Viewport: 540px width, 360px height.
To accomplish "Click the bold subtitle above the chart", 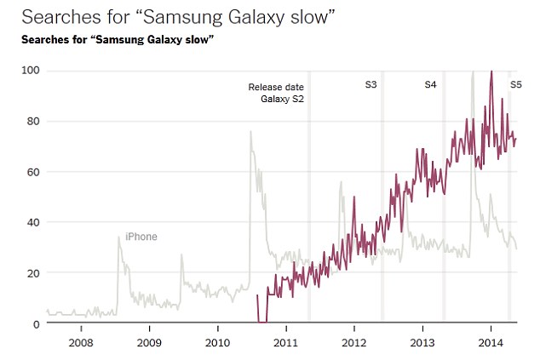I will (x=116, y=41).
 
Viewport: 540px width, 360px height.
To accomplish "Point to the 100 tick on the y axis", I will (x=30, y=71).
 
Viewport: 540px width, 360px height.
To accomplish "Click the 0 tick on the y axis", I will (x=35, y=324).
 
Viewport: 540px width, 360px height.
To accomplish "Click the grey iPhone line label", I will (x=141, y=237).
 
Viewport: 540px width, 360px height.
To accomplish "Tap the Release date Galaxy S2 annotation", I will (x=276, y=94).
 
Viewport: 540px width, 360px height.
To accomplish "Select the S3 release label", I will (x=371, y=85).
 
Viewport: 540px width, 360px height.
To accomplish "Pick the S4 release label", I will (x=431, y=85).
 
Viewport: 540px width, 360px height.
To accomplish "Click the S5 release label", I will (x=516, y=85).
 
